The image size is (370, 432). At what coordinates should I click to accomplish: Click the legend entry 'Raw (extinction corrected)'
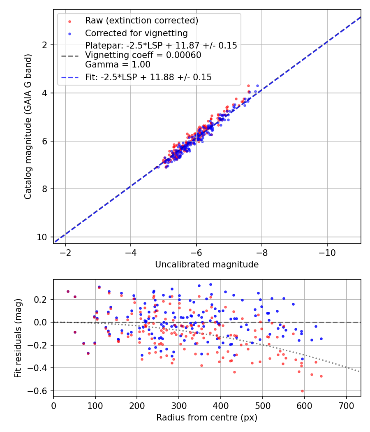point(141,21)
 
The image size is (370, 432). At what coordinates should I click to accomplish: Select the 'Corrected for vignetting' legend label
point(136,33)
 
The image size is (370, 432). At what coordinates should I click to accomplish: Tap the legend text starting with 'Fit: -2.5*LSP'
point(148,77)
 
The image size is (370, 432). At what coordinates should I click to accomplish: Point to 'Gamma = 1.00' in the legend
point(118,65)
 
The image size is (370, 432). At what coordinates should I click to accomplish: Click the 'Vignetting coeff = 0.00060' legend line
point(143,55)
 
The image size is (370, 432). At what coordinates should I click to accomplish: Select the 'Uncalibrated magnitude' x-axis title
point(207,265)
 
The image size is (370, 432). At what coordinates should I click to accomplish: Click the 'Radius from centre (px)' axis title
point(207,418)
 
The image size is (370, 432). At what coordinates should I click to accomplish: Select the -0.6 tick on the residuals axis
point(41,391)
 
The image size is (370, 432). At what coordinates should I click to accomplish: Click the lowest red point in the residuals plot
point(302,391)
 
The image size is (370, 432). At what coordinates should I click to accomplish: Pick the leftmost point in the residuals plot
point(68,291)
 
